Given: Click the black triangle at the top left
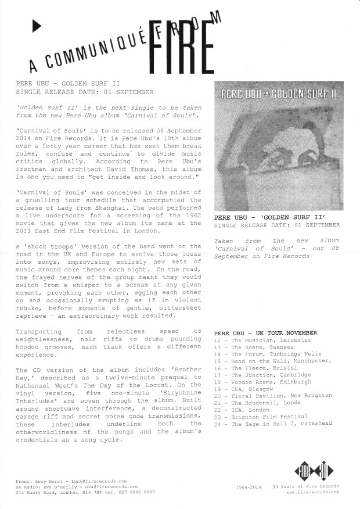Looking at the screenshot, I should (37, 25).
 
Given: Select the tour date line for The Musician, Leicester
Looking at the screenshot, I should (262, 339).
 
